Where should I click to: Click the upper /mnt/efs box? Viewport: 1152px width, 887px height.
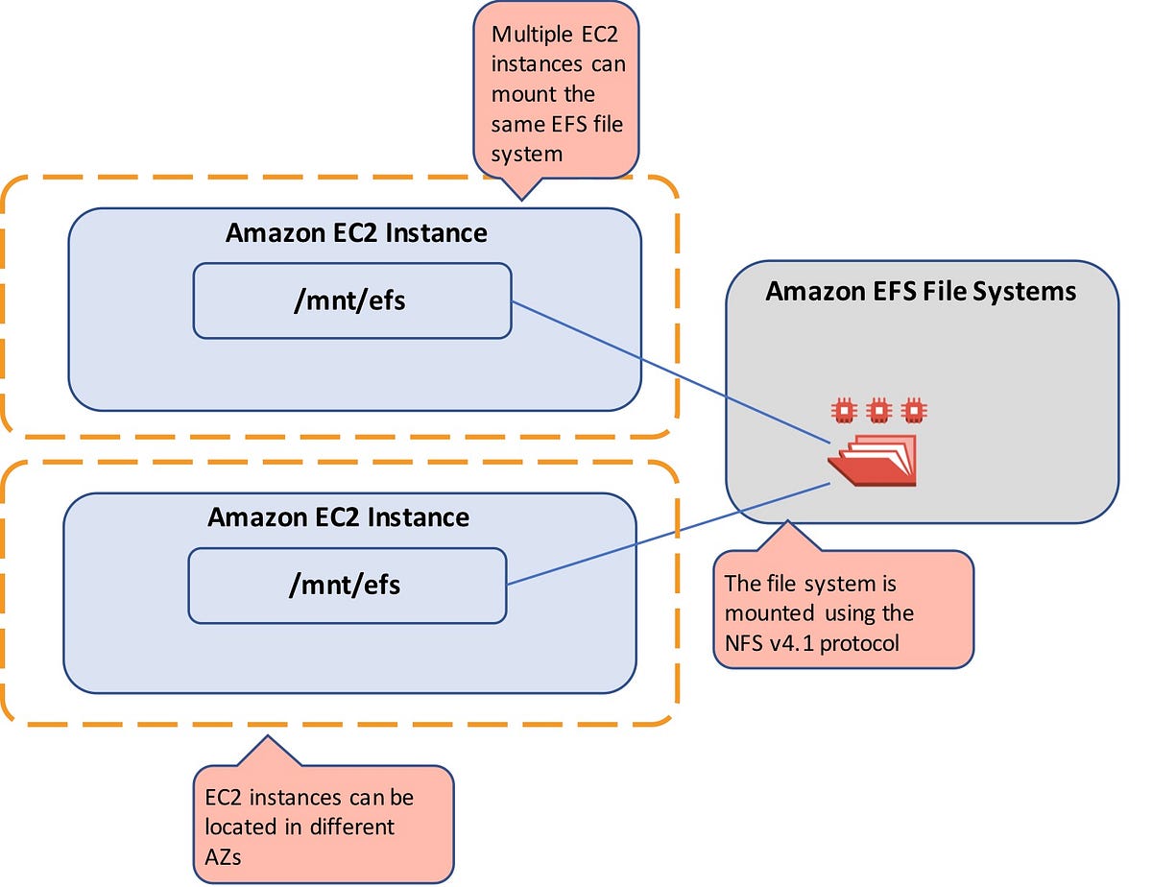351,300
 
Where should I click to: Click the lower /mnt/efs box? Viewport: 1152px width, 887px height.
347,585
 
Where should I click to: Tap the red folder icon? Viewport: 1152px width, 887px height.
872,462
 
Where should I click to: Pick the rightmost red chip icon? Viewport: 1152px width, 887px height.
914,410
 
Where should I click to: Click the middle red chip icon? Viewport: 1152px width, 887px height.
878,410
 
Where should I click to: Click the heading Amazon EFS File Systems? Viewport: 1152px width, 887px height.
921,291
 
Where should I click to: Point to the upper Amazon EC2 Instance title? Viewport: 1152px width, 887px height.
356,232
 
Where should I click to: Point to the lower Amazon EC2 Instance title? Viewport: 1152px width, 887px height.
338,517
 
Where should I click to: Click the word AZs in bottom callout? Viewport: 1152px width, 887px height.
223,856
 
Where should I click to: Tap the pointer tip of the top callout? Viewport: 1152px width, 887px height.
520,199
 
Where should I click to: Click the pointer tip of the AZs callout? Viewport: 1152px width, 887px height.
268,738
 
